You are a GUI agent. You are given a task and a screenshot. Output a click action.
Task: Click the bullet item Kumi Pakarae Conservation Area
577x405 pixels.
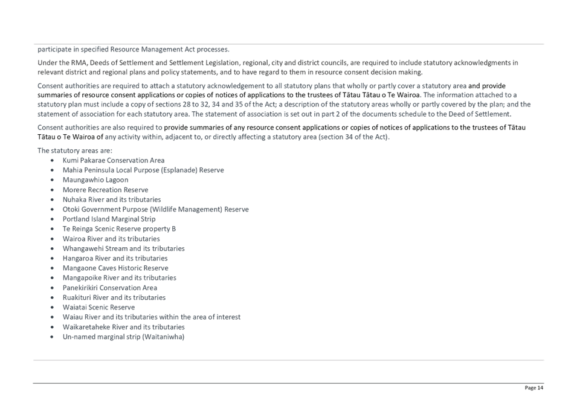(x=114, y=160)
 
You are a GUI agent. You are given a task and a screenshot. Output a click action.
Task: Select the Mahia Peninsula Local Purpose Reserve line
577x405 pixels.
(x=143, y=170)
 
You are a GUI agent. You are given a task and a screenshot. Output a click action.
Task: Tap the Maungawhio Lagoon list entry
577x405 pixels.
(x=95, y=180)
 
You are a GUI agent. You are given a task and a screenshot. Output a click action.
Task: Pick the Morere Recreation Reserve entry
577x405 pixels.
(x=105, y=190)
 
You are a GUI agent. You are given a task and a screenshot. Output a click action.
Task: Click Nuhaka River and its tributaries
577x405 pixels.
(x=112, y=199)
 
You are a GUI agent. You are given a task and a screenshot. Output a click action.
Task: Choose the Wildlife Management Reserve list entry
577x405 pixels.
(x=155, y=209)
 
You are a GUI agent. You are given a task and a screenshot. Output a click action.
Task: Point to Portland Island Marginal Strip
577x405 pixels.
(x=109, y=219)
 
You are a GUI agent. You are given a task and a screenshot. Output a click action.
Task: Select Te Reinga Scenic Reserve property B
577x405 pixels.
(x=119, y=229)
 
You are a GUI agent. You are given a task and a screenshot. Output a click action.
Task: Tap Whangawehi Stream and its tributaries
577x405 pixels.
(x=123, y=248)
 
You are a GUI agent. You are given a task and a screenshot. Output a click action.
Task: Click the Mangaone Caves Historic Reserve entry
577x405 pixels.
(x=115, y=268)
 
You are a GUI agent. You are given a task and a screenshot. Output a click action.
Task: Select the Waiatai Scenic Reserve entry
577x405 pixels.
(x=98, y=307)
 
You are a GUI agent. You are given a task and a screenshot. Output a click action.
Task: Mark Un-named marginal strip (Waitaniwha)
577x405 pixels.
(x=123, y=337)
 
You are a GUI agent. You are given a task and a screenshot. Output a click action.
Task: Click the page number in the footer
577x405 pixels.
(x=534, y=387)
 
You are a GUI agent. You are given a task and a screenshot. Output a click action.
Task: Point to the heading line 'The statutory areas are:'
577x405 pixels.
(x=74, y=150)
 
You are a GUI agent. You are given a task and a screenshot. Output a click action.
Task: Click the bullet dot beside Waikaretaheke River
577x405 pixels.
(x=53, y=327)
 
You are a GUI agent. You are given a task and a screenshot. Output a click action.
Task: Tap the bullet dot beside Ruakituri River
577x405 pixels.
(x=53, y=297)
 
